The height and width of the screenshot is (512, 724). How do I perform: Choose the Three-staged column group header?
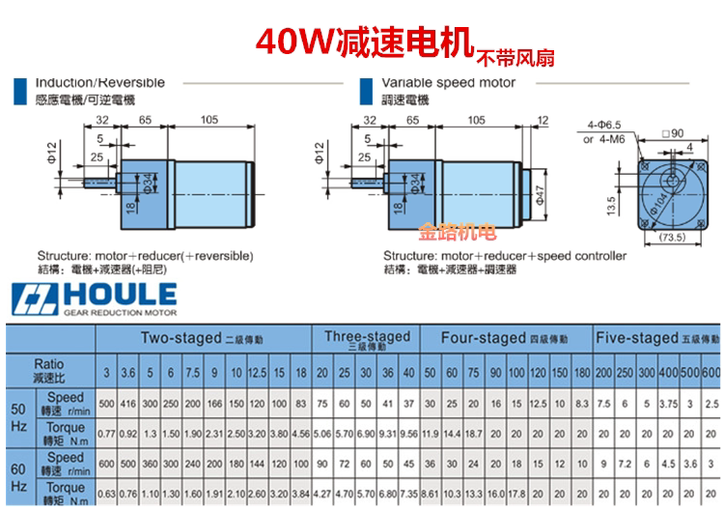click(367, 339)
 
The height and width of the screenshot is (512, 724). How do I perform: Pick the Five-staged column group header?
click(656, 339)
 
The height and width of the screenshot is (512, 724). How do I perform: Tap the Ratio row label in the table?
click(47, 368)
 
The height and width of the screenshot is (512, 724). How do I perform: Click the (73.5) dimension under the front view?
click(669, 236)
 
